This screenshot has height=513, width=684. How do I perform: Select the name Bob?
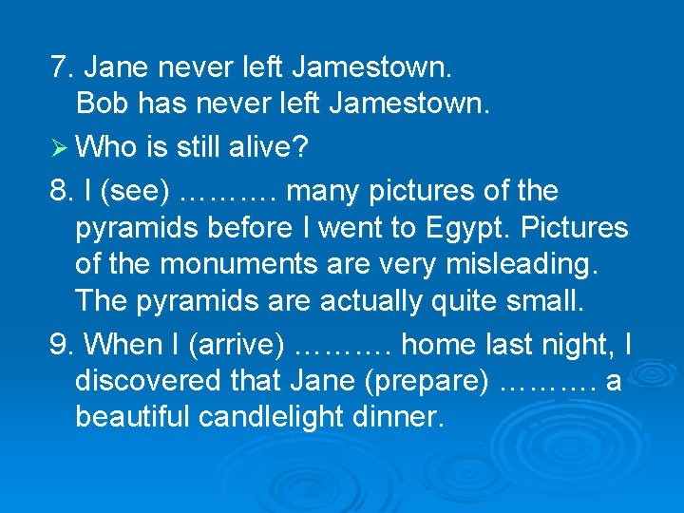tap(101, 103)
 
